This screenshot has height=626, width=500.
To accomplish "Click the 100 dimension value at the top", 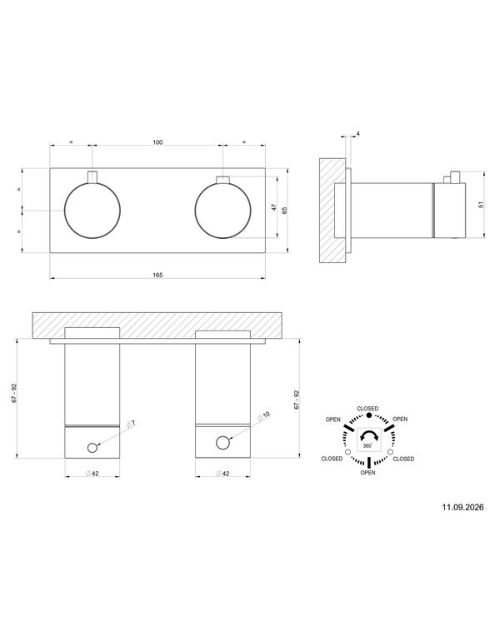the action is click(157, 142).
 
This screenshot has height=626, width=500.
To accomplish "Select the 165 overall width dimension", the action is click(157, 275).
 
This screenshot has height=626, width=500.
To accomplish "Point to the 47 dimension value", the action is click(274, 207).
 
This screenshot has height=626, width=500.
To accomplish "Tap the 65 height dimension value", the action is click(284, 211).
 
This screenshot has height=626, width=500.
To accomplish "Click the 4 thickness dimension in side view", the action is click(357, 134).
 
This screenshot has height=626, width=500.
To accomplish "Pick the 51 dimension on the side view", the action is click(481, 204).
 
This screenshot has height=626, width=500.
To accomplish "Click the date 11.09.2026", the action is click(462, 507).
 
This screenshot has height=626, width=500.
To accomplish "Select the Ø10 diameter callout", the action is click(264, 416).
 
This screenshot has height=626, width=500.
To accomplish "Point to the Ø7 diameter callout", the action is click(131, 424).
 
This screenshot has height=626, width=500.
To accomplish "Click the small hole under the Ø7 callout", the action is click(92, 448).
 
